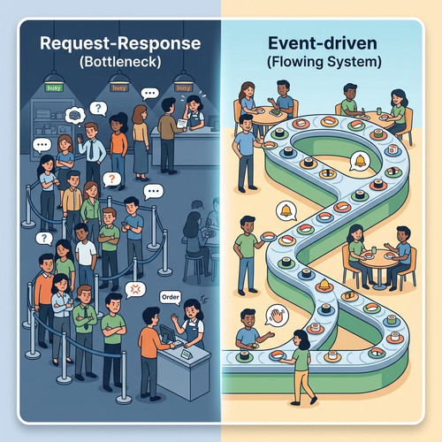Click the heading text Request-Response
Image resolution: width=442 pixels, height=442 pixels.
point(120,43)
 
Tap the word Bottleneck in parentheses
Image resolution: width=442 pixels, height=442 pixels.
point(120,62)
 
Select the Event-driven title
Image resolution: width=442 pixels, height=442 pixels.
point(323,43)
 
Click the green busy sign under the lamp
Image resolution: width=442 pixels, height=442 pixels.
point(54,88)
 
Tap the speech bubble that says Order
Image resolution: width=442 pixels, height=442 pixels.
point(171,298)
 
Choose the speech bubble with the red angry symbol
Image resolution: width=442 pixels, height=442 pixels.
point(135,290)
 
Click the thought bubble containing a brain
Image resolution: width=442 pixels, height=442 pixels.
point(75,116)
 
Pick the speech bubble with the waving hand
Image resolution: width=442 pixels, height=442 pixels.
point(276,316)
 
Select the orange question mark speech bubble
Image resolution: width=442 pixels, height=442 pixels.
point(111,179)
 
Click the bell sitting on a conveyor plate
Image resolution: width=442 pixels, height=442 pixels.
point(324,284)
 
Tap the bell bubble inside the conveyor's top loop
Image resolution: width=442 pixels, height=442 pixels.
point(360,161)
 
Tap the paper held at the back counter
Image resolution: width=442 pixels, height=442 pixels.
point(182,123)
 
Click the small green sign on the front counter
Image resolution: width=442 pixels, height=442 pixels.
point(187,354)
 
